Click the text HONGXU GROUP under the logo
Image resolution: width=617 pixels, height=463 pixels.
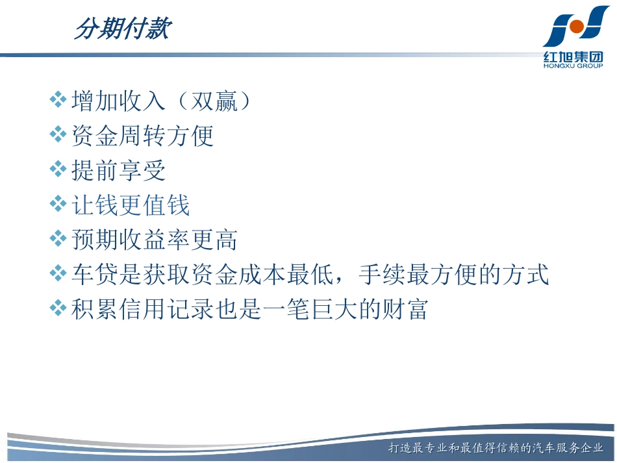(573, 66)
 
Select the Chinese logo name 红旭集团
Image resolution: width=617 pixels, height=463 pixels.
(573, 56)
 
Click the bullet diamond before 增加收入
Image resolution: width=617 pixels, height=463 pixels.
(59, 100)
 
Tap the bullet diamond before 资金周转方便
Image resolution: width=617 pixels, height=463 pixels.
(59, 135)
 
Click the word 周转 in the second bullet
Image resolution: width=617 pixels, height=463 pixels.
(142, 136)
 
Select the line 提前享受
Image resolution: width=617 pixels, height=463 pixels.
(118, 171)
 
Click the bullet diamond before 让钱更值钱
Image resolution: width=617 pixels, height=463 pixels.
(59, 205)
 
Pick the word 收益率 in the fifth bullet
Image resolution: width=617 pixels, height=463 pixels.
(166, 240)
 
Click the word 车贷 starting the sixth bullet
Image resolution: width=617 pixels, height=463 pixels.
(94, 275)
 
